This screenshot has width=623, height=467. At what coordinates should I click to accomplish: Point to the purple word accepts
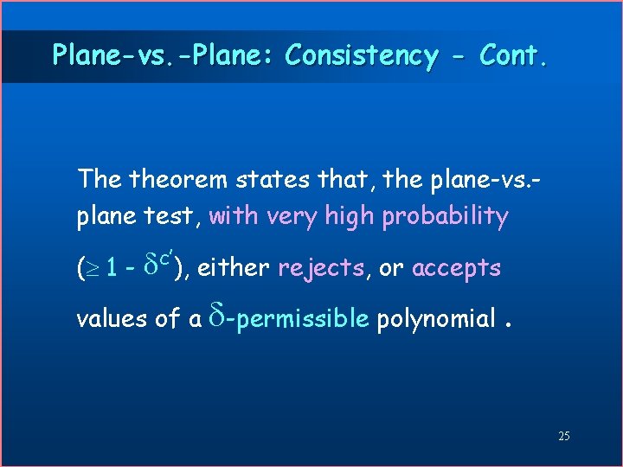[x=456, y=269]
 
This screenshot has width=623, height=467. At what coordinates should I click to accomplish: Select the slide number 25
[x=563, y=436]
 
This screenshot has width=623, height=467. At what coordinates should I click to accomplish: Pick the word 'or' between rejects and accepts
[x=391, y=269]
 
